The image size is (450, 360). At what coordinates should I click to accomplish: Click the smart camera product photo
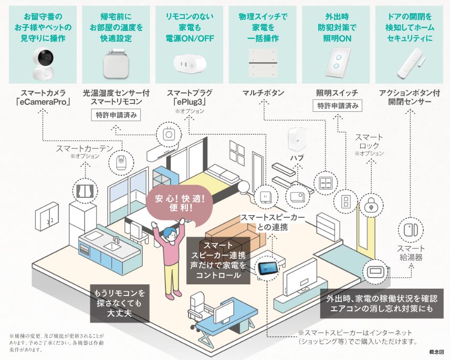point(43,63)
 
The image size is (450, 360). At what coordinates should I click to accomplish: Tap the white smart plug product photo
point(190,62)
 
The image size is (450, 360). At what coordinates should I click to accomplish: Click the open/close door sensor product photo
point(410,63)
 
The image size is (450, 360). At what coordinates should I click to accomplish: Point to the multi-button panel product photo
point(263,62)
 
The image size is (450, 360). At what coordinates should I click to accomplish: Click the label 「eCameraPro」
point(43,102)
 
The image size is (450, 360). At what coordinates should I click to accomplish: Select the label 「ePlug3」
point(190,102)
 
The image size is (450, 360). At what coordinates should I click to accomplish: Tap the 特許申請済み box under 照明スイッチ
point(337,106)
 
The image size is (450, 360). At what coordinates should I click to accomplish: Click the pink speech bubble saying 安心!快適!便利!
point(180,205)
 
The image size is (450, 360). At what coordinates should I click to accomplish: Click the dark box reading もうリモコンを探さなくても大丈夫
point(120,303)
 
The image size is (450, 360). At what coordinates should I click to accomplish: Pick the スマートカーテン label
point(81,149)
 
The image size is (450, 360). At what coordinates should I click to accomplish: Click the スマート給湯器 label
point(411,253)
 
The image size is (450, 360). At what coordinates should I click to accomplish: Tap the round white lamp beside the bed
point(245,187)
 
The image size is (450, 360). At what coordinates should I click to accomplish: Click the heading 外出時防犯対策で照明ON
point(337,27)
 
